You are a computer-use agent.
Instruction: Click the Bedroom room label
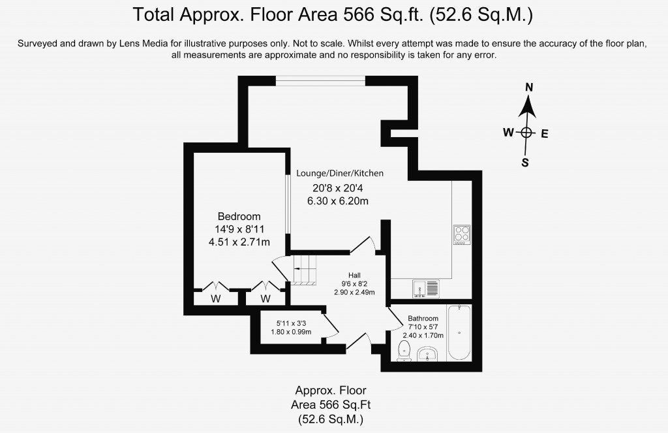point(239,216)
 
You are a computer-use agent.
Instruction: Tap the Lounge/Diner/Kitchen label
point(340,173)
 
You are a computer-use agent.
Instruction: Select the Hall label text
point(354,275)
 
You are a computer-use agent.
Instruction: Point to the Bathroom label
point(423,318)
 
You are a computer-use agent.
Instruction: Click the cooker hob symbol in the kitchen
point(462,234)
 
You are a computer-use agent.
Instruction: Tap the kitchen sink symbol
point(425,289)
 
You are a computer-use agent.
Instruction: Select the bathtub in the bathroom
point(459,332)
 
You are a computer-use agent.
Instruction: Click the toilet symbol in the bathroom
point(403,351)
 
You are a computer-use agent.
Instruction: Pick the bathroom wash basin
point(427,354)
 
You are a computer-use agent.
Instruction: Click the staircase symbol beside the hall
point(304,270)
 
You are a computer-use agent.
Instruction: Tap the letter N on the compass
point(529,88)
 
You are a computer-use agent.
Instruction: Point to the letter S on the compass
point(525,163)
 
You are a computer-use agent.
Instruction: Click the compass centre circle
point(526,133)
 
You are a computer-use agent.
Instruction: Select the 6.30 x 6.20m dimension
point(338,200)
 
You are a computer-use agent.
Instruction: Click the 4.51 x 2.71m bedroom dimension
point(239,242)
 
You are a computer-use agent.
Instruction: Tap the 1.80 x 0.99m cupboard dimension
point(291,332)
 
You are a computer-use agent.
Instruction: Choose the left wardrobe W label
point(216,298)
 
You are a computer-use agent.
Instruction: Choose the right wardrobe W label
point(266,298)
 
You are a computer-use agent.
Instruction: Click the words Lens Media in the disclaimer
point(140,43)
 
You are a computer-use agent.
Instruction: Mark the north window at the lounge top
point(320,80)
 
